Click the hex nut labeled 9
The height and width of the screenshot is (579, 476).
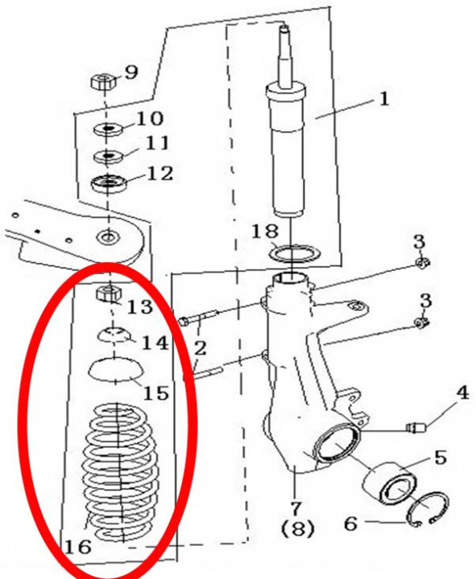tap(103, 81)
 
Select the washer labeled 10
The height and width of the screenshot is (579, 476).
tap(109, 129)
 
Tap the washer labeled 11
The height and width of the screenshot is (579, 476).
tap(108, 156)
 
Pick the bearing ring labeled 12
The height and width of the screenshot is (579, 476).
tap(109, 183)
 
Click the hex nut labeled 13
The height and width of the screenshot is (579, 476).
tap(109, 294)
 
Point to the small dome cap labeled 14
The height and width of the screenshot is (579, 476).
tap(114, 335)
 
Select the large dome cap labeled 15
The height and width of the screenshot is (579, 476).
tap(116, 369)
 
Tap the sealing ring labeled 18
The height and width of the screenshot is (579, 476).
tap(295, 254)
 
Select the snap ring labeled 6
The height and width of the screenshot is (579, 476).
tap(428, 510)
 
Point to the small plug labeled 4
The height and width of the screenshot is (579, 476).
tap(416, 428)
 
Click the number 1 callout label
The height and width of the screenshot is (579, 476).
tap(384, 99)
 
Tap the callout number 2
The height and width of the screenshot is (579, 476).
tap(199, 348)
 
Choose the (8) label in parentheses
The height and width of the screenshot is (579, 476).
tap(297, 528)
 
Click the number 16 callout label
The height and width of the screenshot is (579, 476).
tap(78, 546)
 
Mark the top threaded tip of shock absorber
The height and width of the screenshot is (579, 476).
tap(284, 28)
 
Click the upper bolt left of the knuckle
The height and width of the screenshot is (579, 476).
tap(200, 318)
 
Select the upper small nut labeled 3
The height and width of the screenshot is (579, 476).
tap(422, 262)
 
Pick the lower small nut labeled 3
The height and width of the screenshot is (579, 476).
tap(421, 323)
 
